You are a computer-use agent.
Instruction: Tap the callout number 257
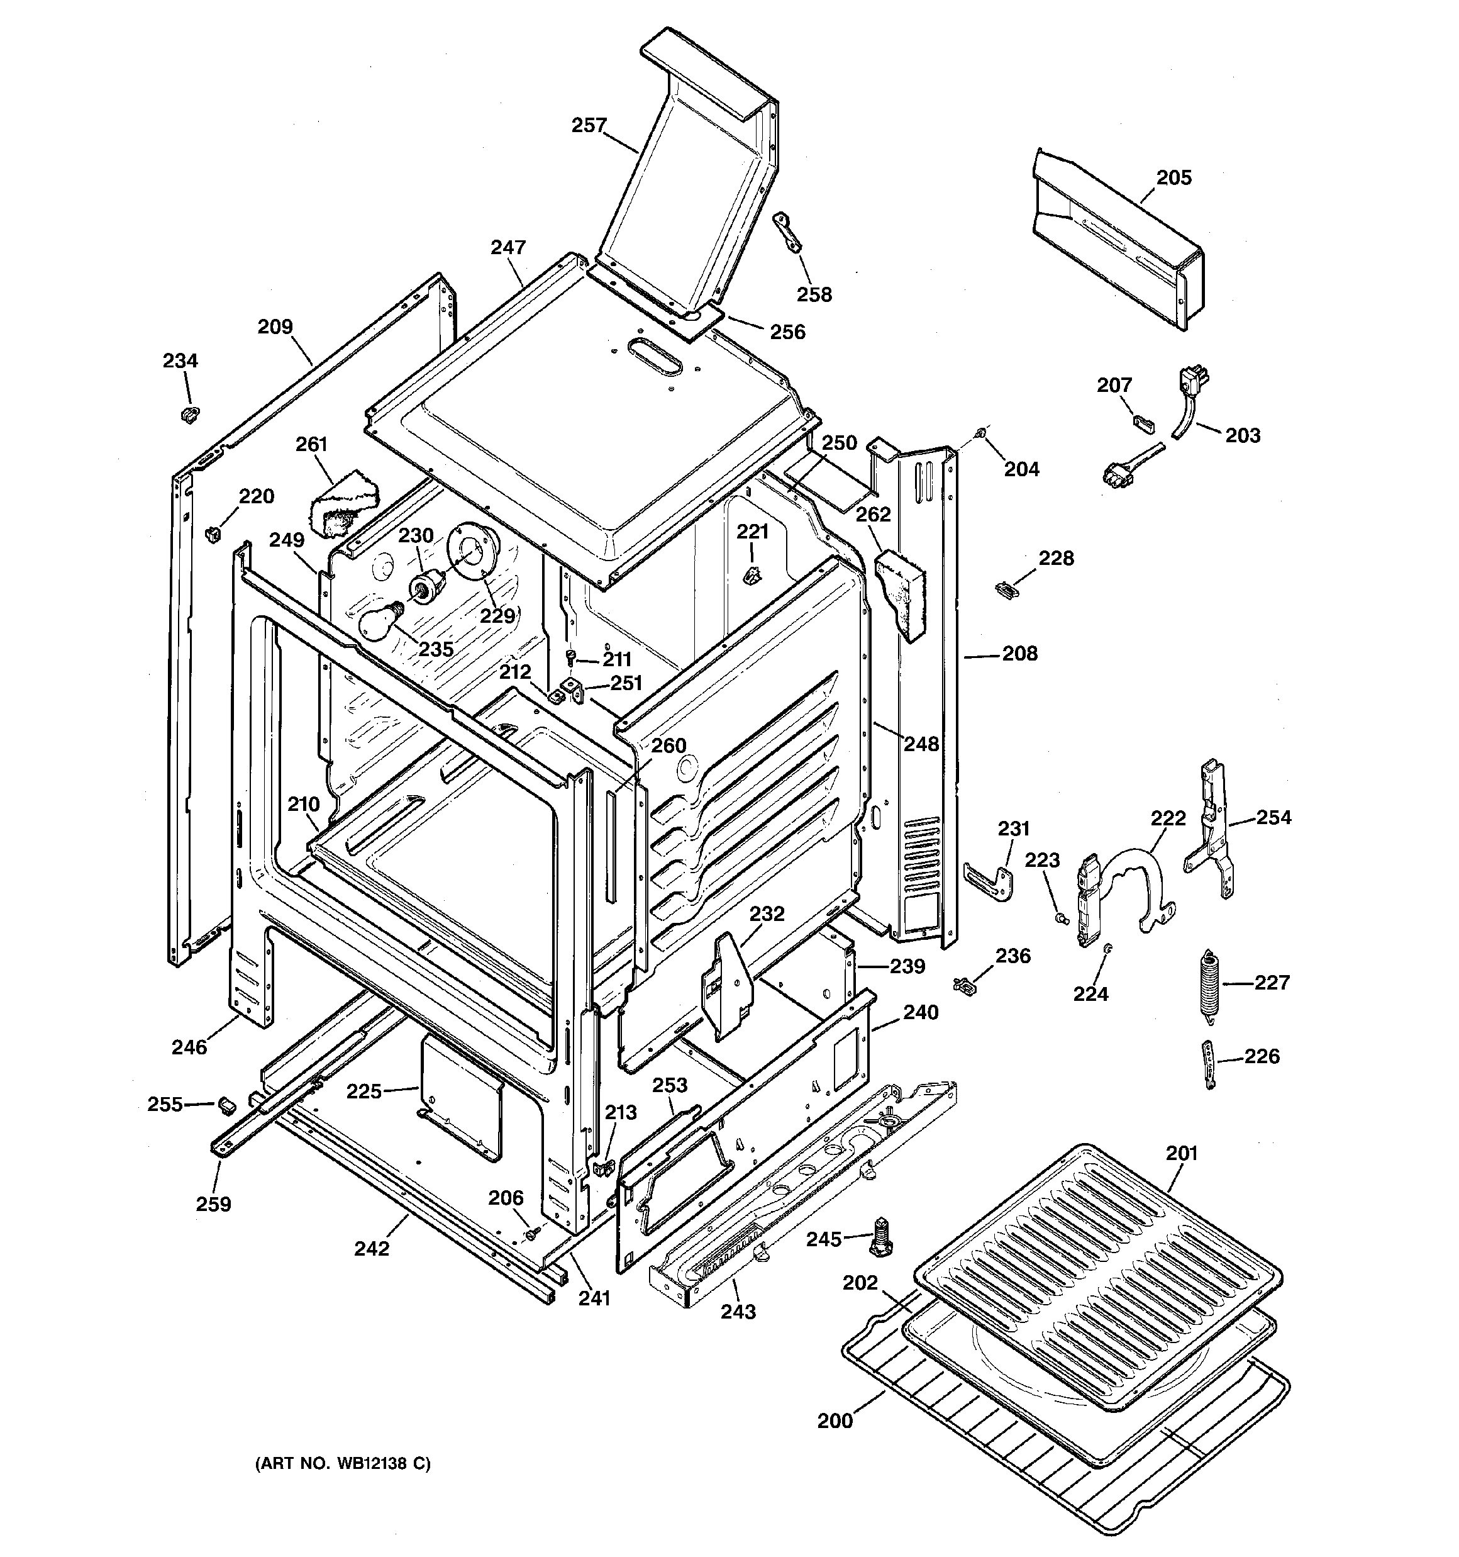589,125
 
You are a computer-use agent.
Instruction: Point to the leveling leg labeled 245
882,1237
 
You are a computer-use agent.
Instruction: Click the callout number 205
1174,178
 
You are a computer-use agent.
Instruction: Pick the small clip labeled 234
189,413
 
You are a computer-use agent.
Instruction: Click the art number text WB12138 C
342,1463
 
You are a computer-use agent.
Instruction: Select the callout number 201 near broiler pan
1182,1153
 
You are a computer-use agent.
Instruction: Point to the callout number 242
371,1248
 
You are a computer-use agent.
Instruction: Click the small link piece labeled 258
787,233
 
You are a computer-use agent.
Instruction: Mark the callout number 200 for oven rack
834,1420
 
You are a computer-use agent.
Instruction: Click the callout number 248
921,744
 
